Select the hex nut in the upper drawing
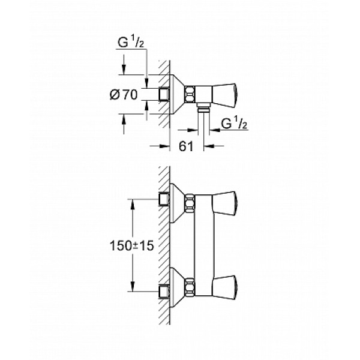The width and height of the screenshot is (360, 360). [x=190, y=94]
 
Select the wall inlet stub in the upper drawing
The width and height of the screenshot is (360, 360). [x=163, y=94]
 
